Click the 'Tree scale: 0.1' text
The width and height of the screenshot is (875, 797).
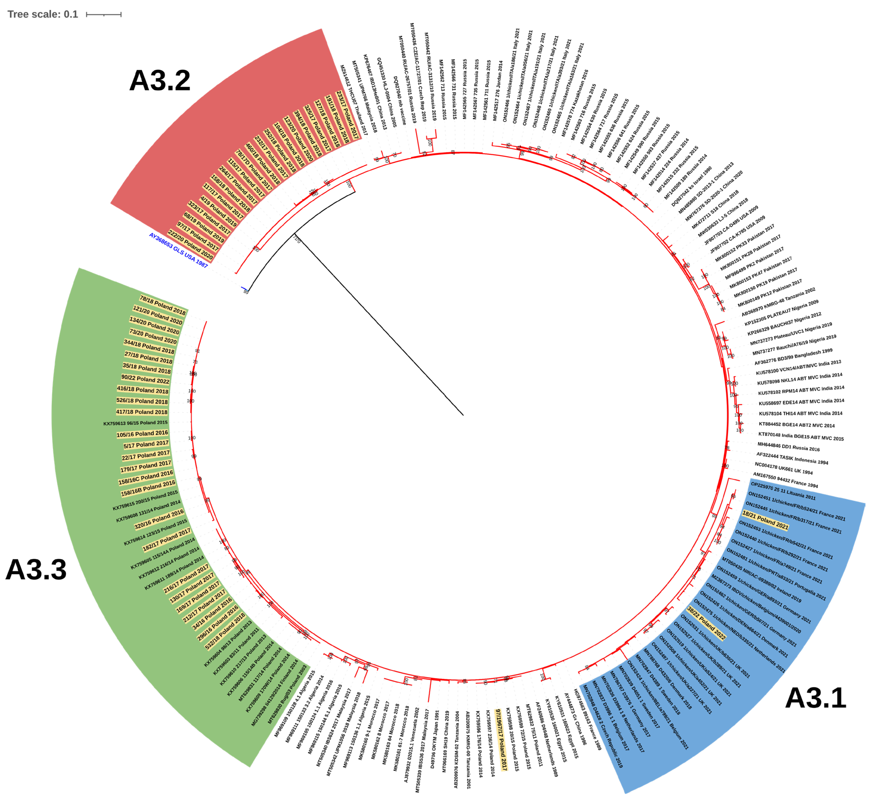(42, 14)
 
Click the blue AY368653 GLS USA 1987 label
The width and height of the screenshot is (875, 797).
(178, 250)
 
